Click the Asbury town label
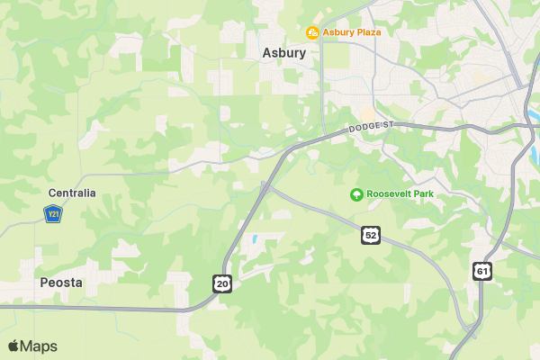pos(284,53)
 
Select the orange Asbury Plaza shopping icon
pos(312,33)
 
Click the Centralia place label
pos(72,193)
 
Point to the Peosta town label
pos(62,283)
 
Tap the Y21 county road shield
pos(52,214)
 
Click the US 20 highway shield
pos(222,284)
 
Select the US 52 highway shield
pos(371,235)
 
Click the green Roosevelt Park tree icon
pos(356,194)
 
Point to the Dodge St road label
pos(371,130)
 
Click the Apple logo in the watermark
pos(13,346)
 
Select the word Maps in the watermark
pos(40,346)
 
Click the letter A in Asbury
pos(267,53)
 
